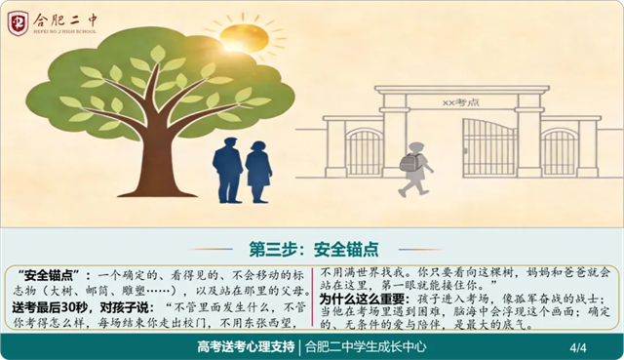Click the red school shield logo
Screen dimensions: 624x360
pos(18,23)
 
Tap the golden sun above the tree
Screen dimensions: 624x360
pos(244,38)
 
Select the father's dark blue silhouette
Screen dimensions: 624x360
pos(228,170)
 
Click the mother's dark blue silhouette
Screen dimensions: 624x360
pos(258,172)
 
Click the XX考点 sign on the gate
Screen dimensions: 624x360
pos(461,102)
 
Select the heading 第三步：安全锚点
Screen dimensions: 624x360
pos(314,250)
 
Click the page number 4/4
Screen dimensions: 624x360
pos(578,347)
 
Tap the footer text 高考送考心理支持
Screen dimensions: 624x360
pos(246,347)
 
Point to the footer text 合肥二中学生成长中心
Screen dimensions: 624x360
pos(366,347)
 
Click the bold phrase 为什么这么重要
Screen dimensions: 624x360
pos(362,299)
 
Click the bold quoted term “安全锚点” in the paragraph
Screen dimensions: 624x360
pos(49,275)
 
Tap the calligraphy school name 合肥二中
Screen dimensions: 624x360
pos(65,20)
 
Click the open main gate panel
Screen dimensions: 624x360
pos(489,147)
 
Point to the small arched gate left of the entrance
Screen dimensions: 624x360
pos(364,152)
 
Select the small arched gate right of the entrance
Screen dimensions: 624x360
pos(559,152)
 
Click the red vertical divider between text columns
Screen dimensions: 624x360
pos(313,298)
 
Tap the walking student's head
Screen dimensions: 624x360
pos(416,148)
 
